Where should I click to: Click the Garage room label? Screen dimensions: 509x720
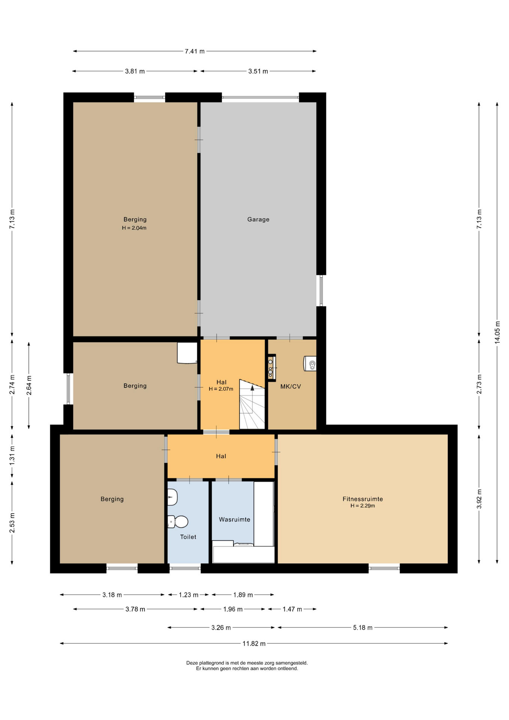[x=258, y=219]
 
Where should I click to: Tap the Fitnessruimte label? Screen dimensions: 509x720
[x=362, y=499]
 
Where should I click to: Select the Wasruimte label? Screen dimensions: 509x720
[x=235, y=519]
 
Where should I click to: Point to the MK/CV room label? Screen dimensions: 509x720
[x=291, y=386]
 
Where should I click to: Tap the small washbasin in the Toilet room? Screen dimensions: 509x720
[x=172, y=497]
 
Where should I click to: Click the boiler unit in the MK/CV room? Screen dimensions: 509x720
[x=310, y=363]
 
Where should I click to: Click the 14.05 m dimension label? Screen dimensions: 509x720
[x=497, y=332]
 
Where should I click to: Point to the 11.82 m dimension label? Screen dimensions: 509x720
[x=254, y=643]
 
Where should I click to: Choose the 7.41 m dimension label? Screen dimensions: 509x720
[x=195, y=51]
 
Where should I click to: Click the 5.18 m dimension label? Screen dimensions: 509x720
[x=362, y=627]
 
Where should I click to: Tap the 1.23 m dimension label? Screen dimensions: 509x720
[x=189, y=594]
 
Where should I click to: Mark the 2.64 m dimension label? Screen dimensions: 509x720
[x=29, y=385]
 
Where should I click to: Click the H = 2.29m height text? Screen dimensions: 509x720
[x=362, y=506]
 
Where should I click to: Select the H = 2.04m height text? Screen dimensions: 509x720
[x=134, y=228]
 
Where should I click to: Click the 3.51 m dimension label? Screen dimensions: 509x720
[x=258, y=71]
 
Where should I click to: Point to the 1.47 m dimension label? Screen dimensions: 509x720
[x=292, y=609]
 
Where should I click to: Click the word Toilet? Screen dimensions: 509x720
[x=188, y=537]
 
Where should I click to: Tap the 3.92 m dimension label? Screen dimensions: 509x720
[x=479, y=499]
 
